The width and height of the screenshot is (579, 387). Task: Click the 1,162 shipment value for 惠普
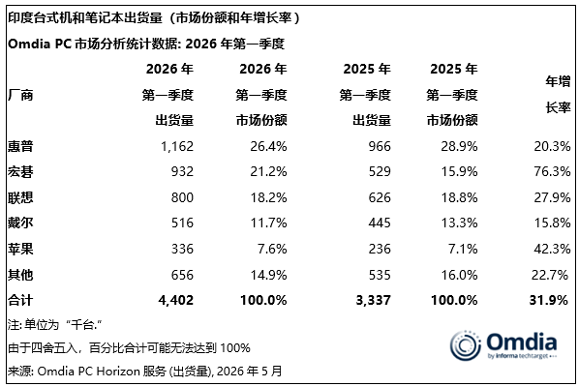pos(177,146)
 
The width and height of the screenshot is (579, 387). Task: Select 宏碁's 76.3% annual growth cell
pos(552,171)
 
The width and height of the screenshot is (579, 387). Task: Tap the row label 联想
pos(20,197)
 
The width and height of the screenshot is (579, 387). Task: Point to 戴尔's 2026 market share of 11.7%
pos(268,223)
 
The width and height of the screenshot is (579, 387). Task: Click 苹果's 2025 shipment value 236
pos(380,249)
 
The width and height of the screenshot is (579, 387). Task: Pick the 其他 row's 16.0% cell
pos(459,275)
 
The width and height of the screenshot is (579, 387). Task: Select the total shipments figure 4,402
pos(176,300)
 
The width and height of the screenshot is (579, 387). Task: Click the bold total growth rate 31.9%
pos(548,300)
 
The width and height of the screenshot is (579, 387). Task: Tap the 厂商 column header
pos(20,95)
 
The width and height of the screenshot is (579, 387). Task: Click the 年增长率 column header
pos(558,95)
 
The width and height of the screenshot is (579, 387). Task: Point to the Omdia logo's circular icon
pos(466,345)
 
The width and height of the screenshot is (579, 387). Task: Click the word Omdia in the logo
pos(522,342)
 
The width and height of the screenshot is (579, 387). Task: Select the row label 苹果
pos(20,249)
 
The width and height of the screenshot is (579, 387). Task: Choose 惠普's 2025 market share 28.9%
pos(459,146)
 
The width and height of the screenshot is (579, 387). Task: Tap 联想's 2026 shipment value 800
pos(182,197)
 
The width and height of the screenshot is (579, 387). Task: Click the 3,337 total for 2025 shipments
pos(373,300)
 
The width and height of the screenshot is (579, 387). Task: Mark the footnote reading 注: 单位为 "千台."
pos(54,325)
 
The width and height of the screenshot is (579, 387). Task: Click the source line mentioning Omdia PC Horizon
pos(145,371)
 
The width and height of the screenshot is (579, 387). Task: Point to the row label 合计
pos(20,300)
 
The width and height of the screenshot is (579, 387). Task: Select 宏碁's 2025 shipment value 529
pos(380,171)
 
